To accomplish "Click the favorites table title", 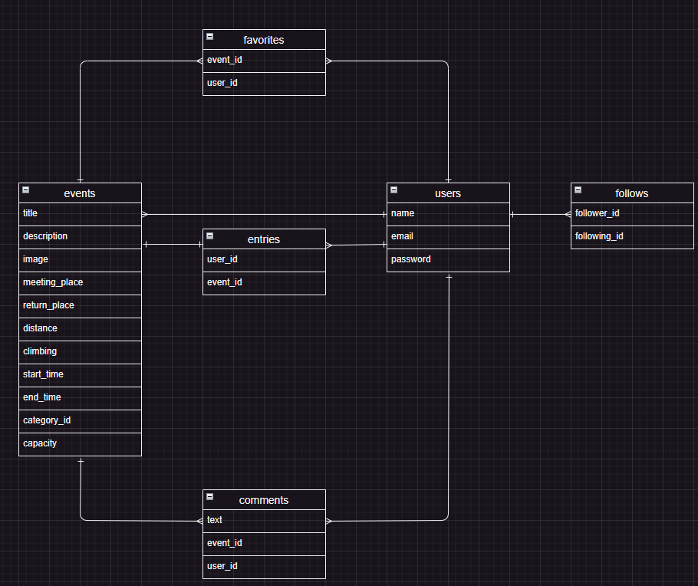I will pyautogui.click(x=264, y=40).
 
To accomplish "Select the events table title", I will pyautogui.click(x=80, y=193).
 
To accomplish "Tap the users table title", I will pyautogui.click(x=448, y=193).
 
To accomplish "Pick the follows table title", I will pyautogui.click(x=632, y=193).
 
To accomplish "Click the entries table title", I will pyautogui.click(x=264, y=239).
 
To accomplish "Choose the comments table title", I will pyautogui.click(x=264, y=500).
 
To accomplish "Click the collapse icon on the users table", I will pyautogui.click(x=393, y=189).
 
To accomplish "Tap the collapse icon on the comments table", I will pyautogui.click(x=209, y=496).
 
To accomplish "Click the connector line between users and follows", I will pyautogui.click(x=540, y=214).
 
